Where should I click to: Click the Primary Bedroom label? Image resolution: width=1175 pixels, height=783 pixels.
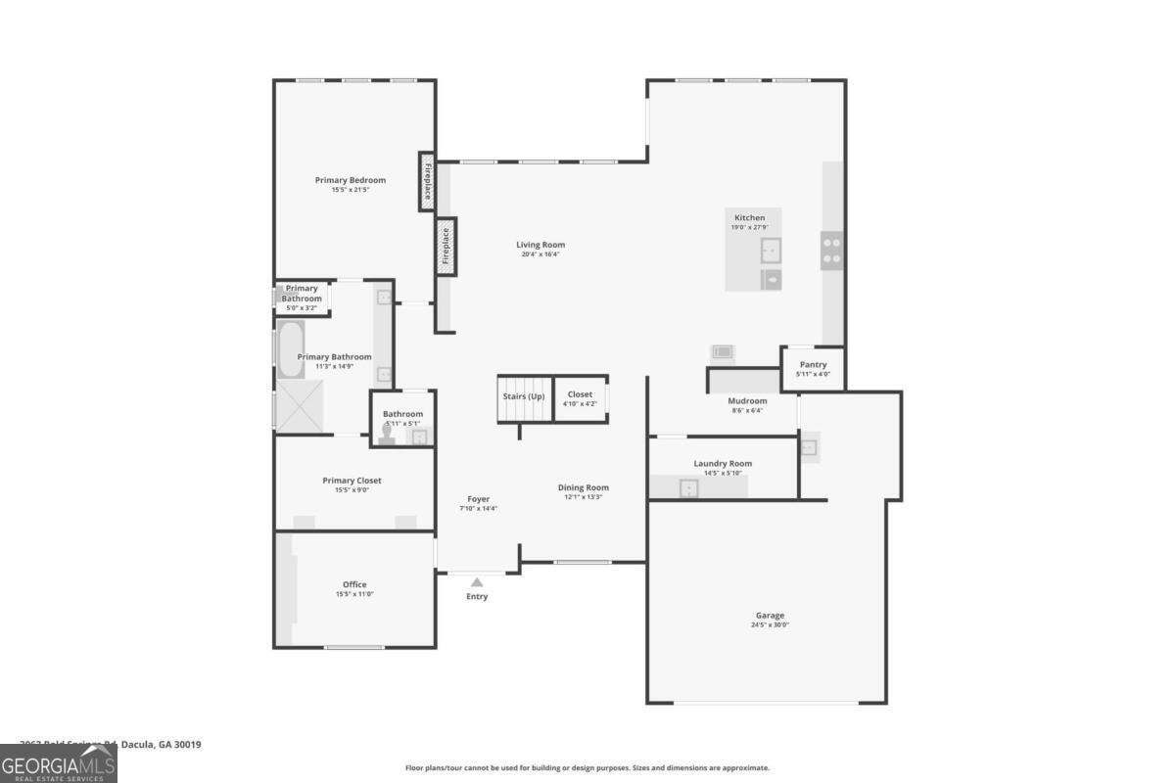point(350,180)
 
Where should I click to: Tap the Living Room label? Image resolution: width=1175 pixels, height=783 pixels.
point(540,245)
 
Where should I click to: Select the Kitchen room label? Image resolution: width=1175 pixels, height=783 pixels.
point(750,217)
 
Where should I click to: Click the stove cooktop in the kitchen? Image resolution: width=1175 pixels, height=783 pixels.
point(831,250)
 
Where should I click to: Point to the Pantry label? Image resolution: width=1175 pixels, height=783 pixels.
point(813,365)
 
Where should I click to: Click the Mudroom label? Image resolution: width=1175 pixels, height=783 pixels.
point(747,400)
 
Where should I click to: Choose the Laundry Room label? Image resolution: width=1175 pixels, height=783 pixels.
point(723,464)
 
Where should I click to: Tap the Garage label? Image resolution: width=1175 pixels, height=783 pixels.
point(770,616)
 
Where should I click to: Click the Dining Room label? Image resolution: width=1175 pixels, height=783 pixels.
point(584,487)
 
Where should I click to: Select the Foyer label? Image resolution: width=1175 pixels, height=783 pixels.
point(478,499)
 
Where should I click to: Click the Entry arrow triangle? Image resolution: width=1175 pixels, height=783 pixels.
point(477,582)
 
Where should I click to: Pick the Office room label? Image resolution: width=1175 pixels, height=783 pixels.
point(354,584)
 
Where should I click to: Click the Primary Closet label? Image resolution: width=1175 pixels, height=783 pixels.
point(352,481)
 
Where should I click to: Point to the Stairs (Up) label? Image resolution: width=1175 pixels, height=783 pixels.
point(524,396)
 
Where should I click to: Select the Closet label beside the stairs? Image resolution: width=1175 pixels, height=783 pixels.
point(580,394)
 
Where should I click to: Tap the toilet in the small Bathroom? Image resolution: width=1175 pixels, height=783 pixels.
point(388,435)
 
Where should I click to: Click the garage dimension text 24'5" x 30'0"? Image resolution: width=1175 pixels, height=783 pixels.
point(770,624)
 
